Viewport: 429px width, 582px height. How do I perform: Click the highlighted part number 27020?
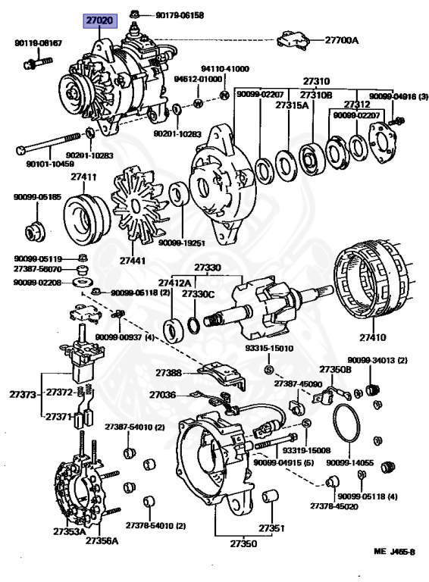point(99,20)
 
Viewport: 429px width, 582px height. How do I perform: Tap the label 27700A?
point(342,40)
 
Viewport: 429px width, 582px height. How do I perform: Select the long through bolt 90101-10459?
point(49,143)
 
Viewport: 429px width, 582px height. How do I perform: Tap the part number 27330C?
point(198,294)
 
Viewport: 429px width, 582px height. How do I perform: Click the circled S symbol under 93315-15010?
point(268,370)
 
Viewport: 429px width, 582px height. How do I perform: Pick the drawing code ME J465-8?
point(394,552)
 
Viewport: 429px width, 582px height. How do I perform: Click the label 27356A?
point(102,540)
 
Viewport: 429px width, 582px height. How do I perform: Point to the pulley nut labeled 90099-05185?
point(35,231)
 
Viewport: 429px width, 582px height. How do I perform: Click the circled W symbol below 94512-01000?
point(199,103)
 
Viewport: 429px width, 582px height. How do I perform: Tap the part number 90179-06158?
point(180,16)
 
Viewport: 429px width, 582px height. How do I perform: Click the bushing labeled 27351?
point(271,496)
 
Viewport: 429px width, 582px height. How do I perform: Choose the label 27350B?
point(336,369)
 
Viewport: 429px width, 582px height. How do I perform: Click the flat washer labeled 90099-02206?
point(80,282)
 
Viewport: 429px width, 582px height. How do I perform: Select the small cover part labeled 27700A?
point(293,39)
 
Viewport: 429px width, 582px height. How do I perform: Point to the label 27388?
point(168,373)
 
